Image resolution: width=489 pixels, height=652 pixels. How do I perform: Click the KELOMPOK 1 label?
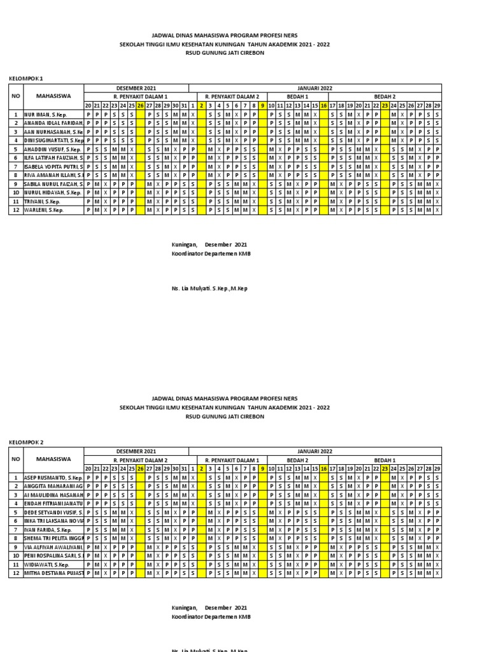click(x=25, y=78)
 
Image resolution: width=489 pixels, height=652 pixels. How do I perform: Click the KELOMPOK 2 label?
click(x=25, y=441)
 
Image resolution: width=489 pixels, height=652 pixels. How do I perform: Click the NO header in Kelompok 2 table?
click(x=15, y=459)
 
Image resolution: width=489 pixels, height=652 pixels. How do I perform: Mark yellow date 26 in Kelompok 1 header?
click(x=140, y=105)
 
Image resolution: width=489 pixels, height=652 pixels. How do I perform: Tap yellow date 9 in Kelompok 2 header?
click(x=262, y=469)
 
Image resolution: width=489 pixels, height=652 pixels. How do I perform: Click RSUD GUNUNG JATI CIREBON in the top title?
click(x=225, y=53)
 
